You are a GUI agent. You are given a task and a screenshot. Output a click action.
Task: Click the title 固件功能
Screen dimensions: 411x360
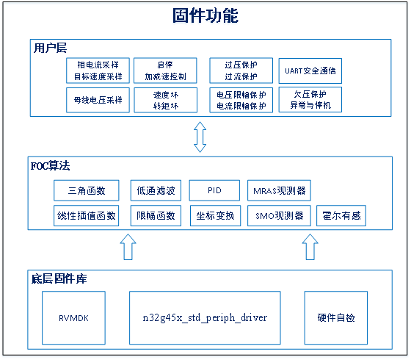(x=205, y=15)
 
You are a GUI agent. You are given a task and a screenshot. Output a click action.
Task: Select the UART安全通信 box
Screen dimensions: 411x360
(x=310, y=71)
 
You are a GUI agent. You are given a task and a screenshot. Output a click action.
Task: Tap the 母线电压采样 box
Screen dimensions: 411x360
(x=98, y=100)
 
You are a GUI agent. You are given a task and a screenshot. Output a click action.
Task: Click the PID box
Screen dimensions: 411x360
(x=214, y=190)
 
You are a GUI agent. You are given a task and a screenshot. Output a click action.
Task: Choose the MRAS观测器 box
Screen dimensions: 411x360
(x=279, y=190)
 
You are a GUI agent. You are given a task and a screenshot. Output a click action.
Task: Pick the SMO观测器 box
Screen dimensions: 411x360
(x=279, y=216)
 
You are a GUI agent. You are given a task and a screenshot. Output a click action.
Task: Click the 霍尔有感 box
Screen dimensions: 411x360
(x=341, y=216)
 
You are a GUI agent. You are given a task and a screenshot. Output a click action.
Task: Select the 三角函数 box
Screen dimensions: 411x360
(x=87, y=190)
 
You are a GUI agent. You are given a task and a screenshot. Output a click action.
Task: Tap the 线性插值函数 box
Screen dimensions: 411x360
(x=87, y=216)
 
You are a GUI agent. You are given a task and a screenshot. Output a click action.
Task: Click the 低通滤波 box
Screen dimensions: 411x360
(x=156, y=190)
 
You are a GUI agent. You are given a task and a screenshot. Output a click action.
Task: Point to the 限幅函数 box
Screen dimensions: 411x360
(x=156, y=216)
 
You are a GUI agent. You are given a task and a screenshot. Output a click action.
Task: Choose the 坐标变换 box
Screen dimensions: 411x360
(x=216, y=216)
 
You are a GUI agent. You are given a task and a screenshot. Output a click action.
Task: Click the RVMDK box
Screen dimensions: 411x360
(x=73, y=317)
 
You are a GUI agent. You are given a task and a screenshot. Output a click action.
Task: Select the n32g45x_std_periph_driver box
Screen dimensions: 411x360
(x=205, y=317)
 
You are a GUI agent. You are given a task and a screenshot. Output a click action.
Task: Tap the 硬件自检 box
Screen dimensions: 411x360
(x=336, y=317)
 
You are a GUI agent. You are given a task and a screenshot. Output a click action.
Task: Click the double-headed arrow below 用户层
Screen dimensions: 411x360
(x=200, y=137)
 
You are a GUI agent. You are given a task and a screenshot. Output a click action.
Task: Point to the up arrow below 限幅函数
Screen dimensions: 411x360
(x=128, y=247)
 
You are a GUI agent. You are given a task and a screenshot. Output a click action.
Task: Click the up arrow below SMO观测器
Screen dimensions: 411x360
(x=310, y=247)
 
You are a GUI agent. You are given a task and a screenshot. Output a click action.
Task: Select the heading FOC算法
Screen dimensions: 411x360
(x=51, y=166)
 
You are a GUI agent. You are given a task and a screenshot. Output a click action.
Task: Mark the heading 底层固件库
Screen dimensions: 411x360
(x=59, y=278)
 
